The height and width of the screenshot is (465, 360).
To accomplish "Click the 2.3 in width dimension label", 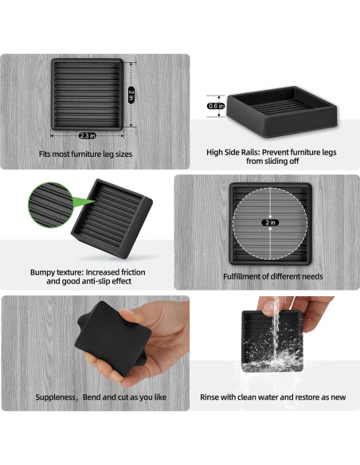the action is (x=87, y=135).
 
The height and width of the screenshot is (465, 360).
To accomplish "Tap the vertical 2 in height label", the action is (x=131, y=95).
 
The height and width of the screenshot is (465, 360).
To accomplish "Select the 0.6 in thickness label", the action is (x=216, y=106).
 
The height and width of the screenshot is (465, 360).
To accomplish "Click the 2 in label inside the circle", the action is (x=270, y=222).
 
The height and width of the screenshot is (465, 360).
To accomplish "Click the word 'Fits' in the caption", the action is (x=45, y=154).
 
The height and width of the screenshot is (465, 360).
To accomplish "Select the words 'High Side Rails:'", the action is (x=233, y=152).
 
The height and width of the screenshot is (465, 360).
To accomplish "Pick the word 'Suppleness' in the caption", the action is (x=56, y=397).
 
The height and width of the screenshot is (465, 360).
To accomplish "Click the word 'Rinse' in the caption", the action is (x=209, y=397).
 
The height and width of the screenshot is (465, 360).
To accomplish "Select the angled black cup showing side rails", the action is (x=282, y=111).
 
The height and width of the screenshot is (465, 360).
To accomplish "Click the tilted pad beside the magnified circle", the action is (x=112, y=219).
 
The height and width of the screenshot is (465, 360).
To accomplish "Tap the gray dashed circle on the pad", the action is (x=270, y=223).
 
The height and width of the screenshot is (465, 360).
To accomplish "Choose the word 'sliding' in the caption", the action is (x=275, y=162).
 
